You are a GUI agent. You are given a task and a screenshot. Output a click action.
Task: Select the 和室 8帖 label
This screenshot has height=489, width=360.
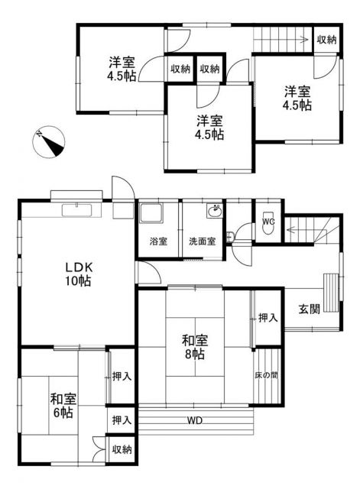(193, 348)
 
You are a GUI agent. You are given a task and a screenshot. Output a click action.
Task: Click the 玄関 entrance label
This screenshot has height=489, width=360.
(309, 310)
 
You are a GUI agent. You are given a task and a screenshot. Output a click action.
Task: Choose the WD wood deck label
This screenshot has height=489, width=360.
(196, 419)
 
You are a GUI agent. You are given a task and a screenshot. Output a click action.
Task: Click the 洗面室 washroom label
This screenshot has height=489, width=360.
(202, 241)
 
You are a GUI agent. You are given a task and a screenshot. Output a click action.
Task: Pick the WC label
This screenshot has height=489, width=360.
(268, 222)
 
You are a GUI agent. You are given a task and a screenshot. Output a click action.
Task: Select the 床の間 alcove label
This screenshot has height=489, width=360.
(266, 376)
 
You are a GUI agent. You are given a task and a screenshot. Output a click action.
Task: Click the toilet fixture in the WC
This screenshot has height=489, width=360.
(268, 212)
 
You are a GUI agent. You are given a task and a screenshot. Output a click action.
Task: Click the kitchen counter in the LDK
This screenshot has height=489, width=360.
(73, 210)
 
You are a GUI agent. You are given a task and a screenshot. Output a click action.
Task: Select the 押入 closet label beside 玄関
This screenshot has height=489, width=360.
(267, 317)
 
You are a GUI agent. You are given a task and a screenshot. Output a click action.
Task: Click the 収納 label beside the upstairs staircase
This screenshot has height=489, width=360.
(326, 40)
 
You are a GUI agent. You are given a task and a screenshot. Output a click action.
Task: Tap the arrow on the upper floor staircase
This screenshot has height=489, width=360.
(303, 40)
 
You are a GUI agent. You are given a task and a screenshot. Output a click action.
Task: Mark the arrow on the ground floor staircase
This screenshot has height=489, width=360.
(292, 228)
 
